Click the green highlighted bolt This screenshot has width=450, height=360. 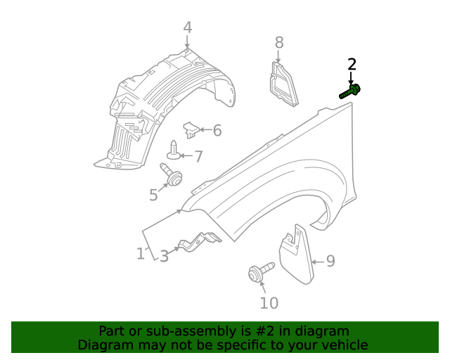click(350, 91)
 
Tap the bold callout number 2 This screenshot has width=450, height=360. click(352, 64)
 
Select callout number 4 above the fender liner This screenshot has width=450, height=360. click(188, 27)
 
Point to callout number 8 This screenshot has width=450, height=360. click(279, 42)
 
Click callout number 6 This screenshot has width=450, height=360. click(217, 130)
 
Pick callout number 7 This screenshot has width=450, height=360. click(198, 157)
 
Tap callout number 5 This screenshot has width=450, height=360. click(153, 195)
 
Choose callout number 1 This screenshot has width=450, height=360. click(141, 254)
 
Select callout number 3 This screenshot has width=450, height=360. click(164, 256)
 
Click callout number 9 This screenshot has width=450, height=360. click(330, 262)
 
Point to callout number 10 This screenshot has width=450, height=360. click(269, 303)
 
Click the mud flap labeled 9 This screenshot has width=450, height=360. click(296, 254)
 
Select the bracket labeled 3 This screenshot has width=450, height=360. click(200, 242)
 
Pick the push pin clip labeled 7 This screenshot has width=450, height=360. click(174, 150)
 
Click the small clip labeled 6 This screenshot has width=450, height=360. click(191, 130)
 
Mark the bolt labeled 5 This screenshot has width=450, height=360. click(171, 174)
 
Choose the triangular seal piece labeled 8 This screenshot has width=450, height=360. click(283, 84)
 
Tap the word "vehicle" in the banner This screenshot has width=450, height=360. click(349, 345)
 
